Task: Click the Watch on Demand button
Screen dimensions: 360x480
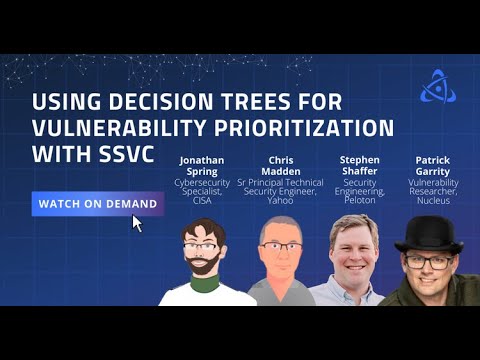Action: (97, 204)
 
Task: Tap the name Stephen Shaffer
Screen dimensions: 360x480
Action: (359, 165)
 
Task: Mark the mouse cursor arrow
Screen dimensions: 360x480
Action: (137, 222)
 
